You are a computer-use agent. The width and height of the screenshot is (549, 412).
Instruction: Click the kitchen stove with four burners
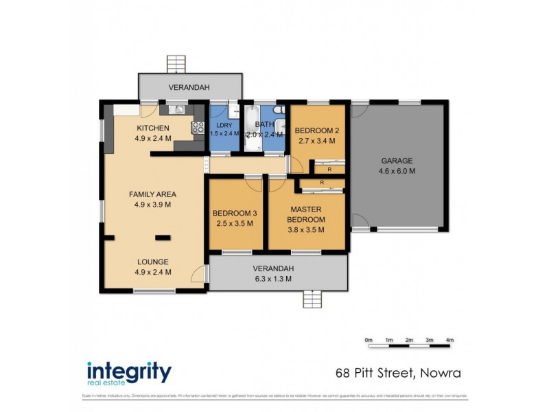coord(198,126)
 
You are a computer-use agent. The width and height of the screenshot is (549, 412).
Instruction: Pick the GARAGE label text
coord(398,161)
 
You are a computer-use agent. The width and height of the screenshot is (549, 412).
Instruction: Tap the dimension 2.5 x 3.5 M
coord(235,223)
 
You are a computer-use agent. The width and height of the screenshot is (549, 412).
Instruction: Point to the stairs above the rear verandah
coord(176,64)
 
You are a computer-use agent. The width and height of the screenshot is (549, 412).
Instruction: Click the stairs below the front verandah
coord(312,300)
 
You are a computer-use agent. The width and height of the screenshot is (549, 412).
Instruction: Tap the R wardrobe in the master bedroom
coord(322,183)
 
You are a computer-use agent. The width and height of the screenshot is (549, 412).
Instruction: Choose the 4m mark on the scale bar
coord(449,340)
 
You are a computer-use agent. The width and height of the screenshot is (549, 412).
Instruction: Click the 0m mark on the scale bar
coord(368,340)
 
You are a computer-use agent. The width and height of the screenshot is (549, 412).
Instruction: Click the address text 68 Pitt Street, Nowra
coord(397,374)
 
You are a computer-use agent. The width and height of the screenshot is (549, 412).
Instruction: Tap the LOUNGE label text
coord(152,261)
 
